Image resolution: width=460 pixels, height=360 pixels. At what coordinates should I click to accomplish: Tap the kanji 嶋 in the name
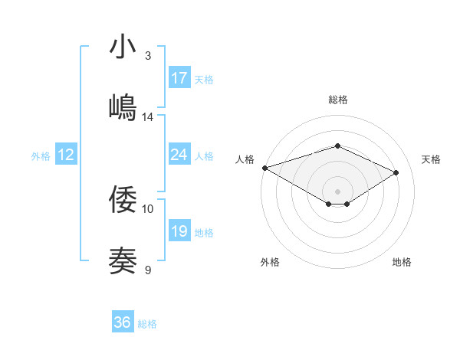point(123,108)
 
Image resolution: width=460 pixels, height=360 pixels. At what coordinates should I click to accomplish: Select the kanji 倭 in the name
point(123,200)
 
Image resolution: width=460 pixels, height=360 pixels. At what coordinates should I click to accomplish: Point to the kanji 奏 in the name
point(123,261)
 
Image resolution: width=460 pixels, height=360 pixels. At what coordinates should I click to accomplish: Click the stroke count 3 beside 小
point(148,56)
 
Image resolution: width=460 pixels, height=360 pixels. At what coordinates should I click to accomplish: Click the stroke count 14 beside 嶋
point(148,117)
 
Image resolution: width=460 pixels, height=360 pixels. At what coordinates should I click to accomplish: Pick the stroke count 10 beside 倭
point(148,208)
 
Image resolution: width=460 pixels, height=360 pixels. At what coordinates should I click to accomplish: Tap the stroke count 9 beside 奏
point(148,270)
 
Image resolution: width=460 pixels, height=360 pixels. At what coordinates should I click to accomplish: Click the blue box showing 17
point(179,78)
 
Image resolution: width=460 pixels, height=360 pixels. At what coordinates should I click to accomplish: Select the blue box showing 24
point(179,155)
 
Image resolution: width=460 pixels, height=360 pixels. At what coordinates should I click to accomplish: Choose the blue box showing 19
point(179,231)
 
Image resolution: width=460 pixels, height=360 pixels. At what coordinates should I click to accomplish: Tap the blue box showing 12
point(66,155)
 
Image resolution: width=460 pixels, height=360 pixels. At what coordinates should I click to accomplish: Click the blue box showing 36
point(123,322)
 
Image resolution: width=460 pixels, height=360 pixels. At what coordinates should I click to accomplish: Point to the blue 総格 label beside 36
point(147,324)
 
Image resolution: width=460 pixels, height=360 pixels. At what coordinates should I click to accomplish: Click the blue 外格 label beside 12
point(41,156)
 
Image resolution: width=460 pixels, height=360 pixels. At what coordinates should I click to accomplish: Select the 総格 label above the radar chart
point(337,100)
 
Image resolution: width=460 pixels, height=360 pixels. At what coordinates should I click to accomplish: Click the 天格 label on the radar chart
point(431,159)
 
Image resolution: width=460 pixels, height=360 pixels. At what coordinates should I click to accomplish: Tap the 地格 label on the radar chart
point(402,263)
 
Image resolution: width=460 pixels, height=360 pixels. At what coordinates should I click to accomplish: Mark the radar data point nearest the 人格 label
point(264,167)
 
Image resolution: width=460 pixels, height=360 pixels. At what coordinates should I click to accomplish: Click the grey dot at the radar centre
point(337,191)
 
